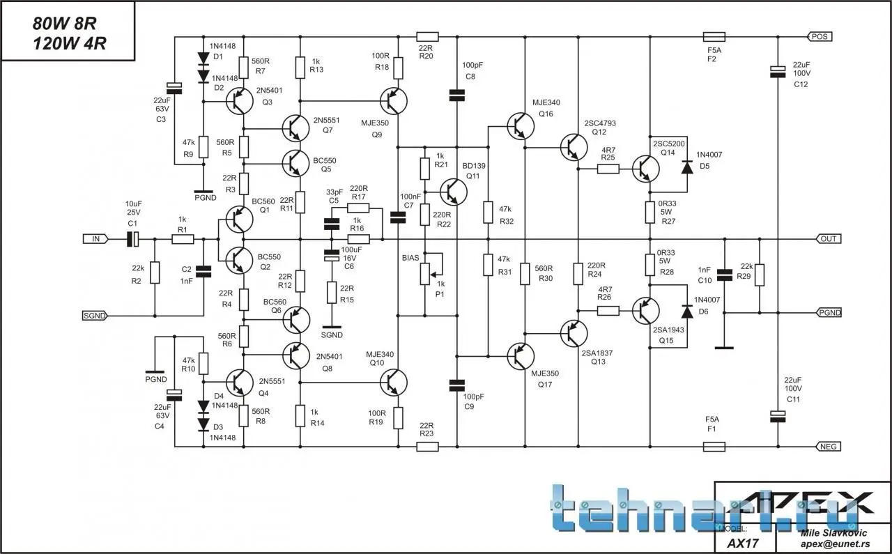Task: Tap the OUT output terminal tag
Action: pyautogui.click(x=829, y=238)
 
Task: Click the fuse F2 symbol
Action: pyautogui.click(x=714, y=36)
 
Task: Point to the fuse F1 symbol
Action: pyautogui.click(x=714, y=447)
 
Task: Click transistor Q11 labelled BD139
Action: pyautogui.click(x=454, y=189)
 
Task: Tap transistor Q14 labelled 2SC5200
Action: pyautogui.click(x=646, y=168)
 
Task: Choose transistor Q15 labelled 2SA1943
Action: pyautogui.click(x=646, y=311)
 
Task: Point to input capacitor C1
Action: pyautogui.click(x=132, y=239)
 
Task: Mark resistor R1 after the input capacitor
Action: pyautogui.click(x=183, y=239)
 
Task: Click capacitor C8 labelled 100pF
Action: pyautogui.click(x=457, y=94)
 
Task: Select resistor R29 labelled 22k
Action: pyautogui.click(x=760, y=275)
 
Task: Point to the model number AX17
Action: pyautogui.click(x=743, y=543)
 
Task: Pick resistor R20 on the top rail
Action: pyautogui.click(x=427, y=36)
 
